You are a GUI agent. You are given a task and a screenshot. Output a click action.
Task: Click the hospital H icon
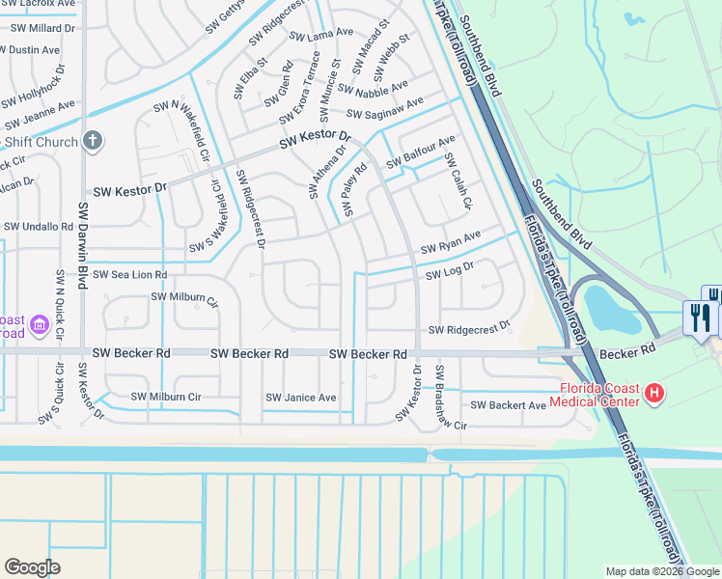click(x=654, y=393)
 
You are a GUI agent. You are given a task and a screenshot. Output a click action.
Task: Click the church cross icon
click(x=92, y=141)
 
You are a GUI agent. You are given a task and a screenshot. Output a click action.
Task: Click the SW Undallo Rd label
click(x=39, y=227)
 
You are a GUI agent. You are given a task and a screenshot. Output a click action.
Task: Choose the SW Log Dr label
click(x=451, y=272)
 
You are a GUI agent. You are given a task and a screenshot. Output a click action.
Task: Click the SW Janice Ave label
click(x=301, y=398)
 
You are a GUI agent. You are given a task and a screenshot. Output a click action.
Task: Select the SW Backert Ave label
click(x=509, y=405)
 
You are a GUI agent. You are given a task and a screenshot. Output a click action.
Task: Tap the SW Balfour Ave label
click(x=421, y=153)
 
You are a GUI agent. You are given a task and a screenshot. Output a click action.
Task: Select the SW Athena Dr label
click(x=326, y=172)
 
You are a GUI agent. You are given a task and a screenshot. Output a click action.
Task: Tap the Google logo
click(x=32, y=566)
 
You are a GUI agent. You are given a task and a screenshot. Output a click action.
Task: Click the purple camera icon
click(x=40, y=326)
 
